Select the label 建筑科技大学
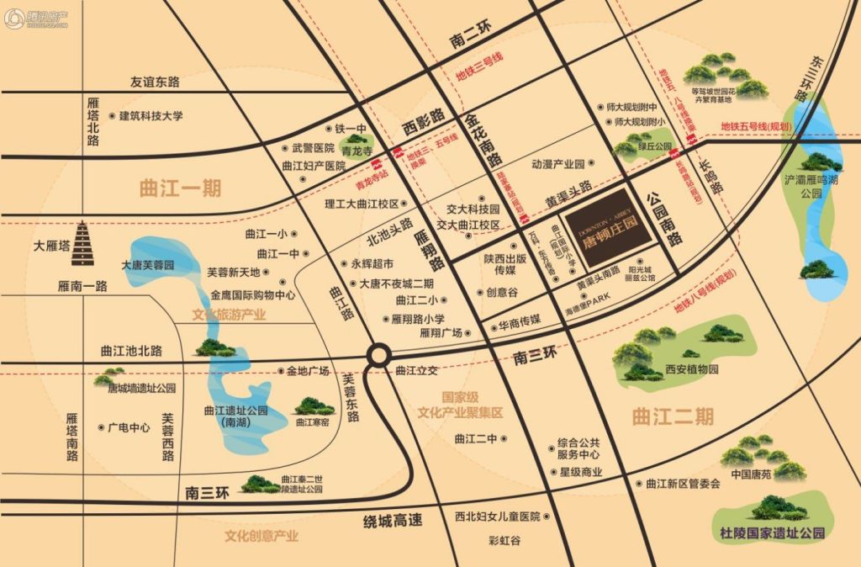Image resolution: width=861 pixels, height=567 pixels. click(150, 116)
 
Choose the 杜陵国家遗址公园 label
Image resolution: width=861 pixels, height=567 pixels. click(774, 533)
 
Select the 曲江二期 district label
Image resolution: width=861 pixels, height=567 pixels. click(672, 416)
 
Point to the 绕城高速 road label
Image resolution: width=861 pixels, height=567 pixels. click(391, 521)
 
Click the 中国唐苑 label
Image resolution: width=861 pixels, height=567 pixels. click(752, 474)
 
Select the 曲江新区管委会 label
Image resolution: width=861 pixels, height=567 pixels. click(683, 484)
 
